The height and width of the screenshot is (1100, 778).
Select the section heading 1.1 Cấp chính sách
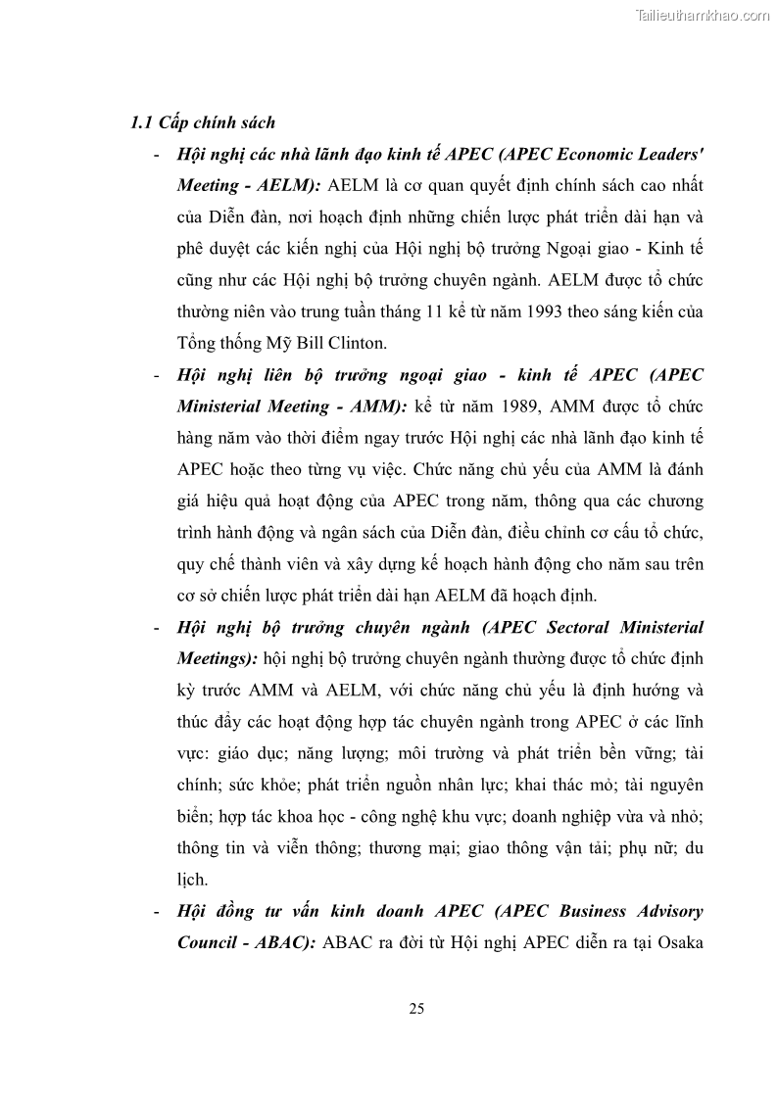pyautogui.click(x=203, y=123)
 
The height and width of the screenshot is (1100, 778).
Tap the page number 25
pyautogui.click(x=415, y=1009)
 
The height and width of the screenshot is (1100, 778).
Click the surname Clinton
pyautogui.click(x=332, y=343)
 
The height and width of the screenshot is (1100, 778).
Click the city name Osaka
pyautogui.click(x=676, y=942)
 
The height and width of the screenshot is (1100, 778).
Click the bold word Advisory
pyautogui.click(x=666, y=911)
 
